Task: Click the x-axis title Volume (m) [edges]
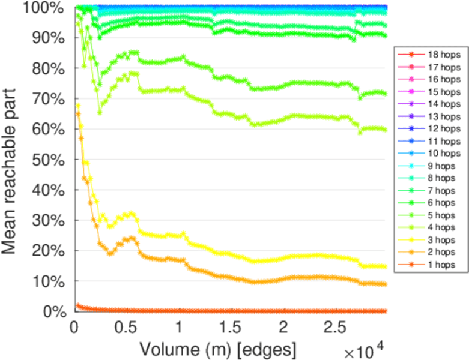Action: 218,349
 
